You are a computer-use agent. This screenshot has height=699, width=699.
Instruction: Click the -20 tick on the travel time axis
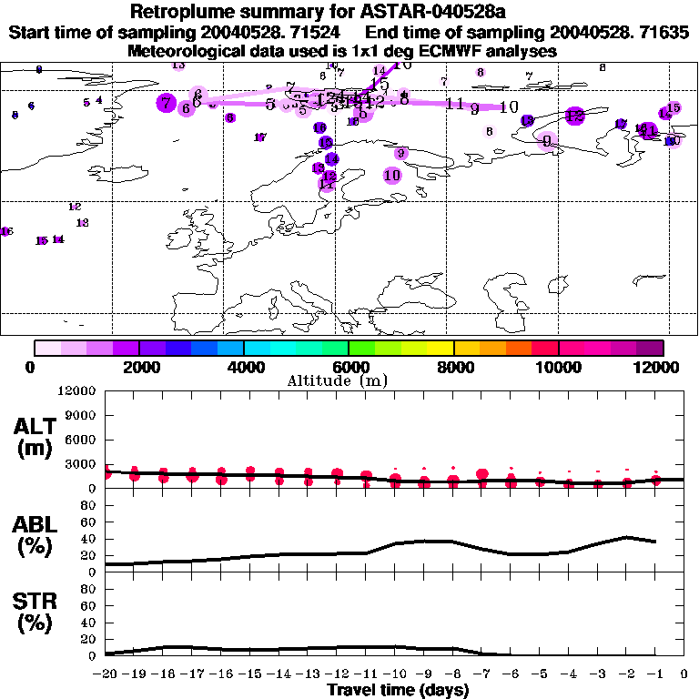point(106,674)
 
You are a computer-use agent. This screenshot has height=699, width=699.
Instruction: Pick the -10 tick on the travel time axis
point(396,674)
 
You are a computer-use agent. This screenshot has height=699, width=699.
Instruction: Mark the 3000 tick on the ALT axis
point(80,464)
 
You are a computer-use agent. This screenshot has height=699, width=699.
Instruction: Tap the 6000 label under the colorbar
point(349,367)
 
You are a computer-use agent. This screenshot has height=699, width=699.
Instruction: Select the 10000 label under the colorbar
point(558,367)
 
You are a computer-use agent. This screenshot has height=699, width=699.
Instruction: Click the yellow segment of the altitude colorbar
point(441,348)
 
